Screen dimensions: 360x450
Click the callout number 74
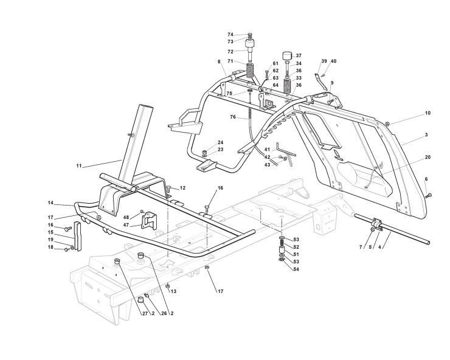coord(230,35)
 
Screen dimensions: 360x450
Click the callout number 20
coord(427,157)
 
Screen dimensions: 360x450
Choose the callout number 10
coord(427,113)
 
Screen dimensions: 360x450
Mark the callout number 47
coord(126,225)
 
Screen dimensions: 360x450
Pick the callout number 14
coord(51,202)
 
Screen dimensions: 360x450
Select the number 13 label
coord(173,291)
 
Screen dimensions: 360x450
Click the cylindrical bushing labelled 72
coord(249,46)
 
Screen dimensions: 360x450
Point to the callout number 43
coord(267,165)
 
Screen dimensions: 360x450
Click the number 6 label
coord(426,179)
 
